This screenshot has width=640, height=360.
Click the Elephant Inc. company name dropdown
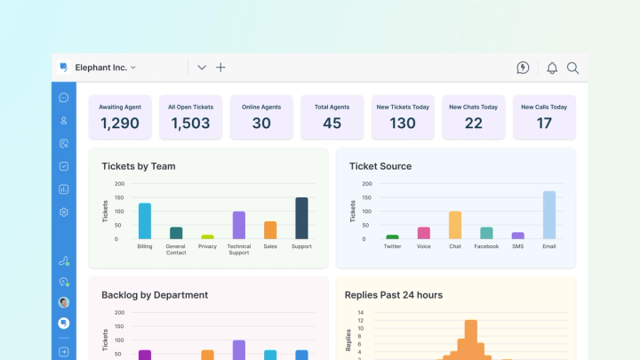[104, 67]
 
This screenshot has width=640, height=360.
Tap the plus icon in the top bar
[220, 68]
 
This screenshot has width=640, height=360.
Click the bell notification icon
[552, 68]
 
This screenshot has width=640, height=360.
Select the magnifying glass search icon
[573, 68]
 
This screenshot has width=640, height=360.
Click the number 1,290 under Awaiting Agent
[119, 124]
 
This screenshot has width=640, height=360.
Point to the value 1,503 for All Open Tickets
[189, 124]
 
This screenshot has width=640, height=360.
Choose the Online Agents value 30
[261, 124]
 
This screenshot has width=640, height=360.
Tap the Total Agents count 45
[332, 124]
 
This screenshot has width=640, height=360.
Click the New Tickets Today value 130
[403, 124]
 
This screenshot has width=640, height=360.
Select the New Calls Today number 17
[544, 124]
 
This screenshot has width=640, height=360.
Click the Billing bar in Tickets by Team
[144, 221]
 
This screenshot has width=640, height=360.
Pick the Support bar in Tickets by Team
[301, 218]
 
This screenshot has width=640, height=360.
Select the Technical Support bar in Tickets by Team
[239, 225]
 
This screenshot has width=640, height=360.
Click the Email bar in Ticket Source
[549, 215]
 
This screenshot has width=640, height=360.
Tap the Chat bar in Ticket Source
[455, 225]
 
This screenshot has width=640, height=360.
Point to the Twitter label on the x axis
[392, 246]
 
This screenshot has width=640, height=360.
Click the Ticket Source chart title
[380, 166]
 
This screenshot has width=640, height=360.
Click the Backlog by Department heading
[155, 294]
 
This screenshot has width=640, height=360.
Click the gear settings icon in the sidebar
[64, 212]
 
